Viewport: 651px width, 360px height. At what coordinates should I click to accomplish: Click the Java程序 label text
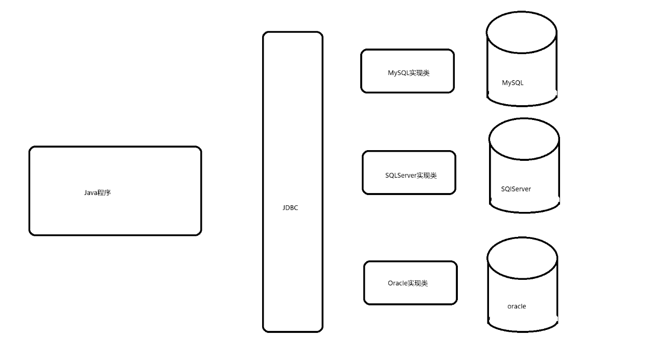[x=98, y=193]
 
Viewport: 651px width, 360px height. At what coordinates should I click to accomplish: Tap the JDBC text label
[x=290, y=208]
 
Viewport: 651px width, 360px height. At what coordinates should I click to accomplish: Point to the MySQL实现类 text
[x=408, y=73]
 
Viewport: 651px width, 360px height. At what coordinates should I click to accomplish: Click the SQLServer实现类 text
[x=411, y=176]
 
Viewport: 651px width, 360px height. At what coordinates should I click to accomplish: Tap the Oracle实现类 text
[x=408, y=283]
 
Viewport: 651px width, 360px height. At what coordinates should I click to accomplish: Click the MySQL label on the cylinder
[x=513, y=83]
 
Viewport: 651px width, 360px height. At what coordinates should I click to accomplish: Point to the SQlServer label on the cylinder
[x=516, y=189]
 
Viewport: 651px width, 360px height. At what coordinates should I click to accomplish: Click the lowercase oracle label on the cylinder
[x=517, y=306]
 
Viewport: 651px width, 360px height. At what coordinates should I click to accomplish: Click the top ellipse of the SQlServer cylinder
[x=524, y=139]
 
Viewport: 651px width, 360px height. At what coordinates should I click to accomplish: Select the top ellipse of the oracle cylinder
[x=522, y=258]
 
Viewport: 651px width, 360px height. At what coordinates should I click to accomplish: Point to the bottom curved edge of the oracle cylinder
[x=523, y=330]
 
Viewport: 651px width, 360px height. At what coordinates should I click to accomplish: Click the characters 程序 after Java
[x=104, y=193]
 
